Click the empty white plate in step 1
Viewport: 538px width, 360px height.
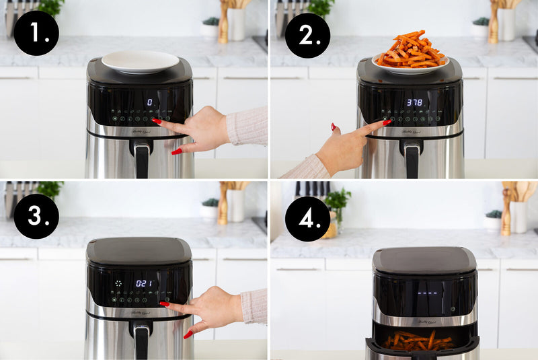click(140, 61)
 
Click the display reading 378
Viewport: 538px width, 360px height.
click(415, 103)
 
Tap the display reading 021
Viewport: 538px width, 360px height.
click(144, 283)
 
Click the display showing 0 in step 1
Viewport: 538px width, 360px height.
click(149, 102)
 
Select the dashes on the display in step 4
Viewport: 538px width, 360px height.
click(428, 293)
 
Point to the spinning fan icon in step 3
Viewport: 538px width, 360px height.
click(118, 283)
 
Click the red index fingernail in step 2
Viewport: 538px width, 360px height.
click(387, 122)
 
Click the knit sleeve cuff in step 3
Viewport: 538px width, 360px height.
click(254, 306)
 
